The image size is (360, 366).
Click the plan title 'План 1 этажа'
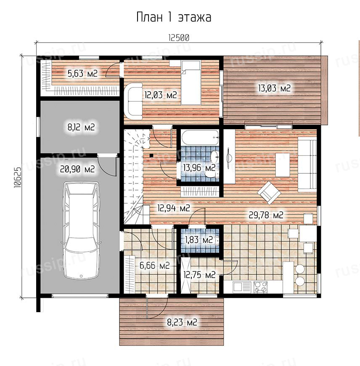pyautogui.click(x=174, y=17)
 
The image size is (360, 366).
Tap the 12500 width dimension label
pyautogui.click(x=179, y=38)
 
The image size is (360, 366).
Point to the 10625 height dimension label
pyautogui.click(x=18, y=178)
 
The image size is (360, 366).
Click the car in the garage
pyautogui.click(x=81, y=230)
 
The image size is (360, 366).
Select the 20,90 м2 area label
pyautogui.click(x=77, y=169)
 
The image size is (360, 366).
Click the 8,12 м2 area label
pyautogui.click(x=81, y=127)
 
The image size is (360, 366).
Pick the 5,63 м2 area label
pyautogui.click(x=82, y=74)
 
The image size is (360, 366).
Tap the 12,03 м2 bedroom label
pyautogui.click(x=161, y=95)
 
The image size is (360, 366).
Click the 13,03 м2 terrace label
pyautogui.click(x=274, y=88)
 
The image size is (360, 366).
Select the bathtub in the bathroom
pyautogui.click(x=200, y=137)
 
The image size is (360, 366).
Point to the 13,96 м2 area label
pyautogui.click(x=199, y=167)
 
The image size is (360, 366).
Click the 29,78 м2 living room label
pyautogui.click(x=266, y=215)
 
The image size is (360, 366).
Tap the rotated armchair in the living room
pyautogui.click(x=269, y=193)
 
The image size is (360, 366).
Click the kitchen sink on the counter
pyautogui.click(x=242, y=287)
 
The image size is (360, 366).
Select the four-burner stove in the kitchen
pyautogui.click(x=260, y=287)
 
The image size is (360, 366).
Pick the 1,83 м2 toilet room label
pyautogui.click(x=199, y=240)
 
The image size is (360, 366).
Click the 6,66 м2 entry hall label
pyautogui.click(x=154, y=265)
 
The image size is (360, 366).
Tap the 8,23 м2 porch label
pyautogui.click(x=182, y=322)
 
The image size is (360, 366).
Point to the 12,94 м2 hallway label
pyautogui.click(x=174, y=208)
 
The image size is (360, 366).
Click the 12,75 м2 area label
pyautogui.click(x=199, y=275)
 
